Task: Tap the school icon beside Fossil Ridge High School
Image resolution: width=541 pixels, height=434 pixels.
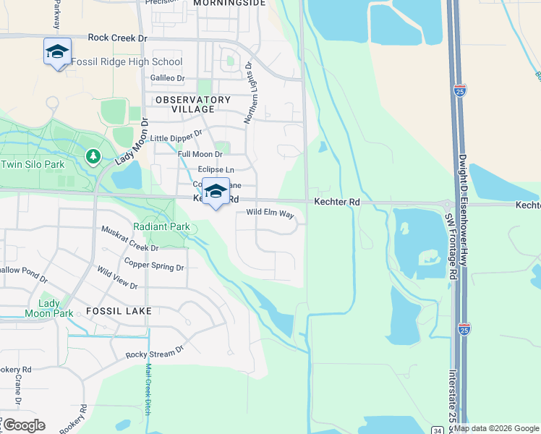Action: tap(57, 51)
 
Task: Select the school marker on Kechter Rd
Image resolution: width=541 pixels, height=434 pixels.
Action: tap(216, 192)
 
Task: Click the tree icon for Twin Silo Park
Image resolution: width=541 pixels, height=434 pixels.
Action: tap(93, 156)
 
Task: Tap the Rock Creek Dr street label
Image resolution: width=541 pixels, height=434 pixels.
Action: tap(117, 37)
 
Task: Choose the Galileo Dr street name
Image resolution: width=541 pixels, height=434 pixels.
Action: tap(167, 78)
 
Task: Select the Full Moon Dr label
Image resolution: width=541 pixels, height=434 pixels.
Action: tap(200, 154)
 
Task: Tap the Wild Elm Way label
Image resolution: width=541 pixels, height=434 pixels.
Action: tap(270, 214)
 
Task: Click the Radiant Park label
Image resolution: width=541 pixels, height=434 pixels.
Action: tap(161, 226)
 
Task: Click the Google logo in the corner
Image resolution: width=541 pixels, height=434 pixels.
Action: tap(23, 425)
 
